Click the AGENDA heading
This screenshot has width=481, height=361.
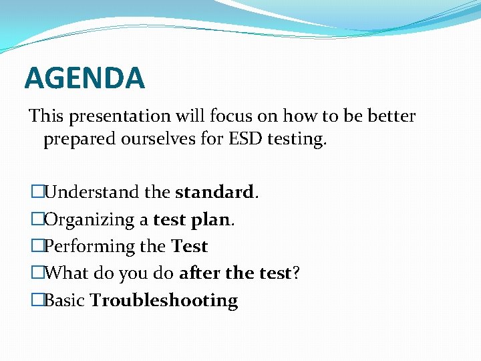tap(84, 78)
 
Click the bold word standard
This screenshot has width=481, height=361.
tap(214, 193)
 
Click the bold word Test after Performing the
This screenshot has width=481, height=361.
tap(190, 247)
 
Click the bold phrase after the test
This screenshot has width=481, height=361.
tap(235, 273)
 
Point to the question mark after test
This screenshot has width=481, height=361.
tap(295, 273)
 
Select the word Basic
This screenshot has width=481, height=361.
tap(64, 301)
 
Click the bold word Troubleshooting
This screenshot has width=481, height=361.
tap(164, 301)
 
